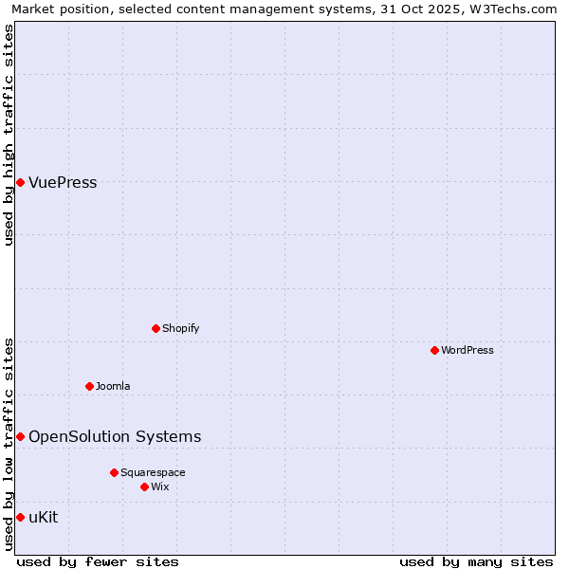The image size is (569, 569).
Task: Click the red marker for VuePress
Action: tap(20, 182)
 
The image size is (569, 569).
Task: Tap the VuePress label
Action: tap(63, 183)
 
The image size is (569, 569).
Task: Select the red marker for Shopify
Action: tap(156, 328)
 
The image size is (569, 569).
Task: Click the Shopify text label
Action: tap(180, 328)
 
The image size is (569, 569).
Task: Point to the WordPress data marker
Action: tap(434, 350)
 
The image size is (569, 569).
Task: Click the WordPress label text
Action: tap(467, 350)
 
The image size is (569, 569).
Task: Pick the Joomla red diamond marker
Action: tap(89, 386)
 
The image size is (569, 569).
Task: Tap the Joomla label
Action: tap(113, 386)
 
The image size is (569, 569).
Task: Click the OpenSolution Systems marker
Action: tap(20, 436)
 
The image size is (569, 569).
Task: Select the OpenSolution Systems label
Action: tap(115, 436)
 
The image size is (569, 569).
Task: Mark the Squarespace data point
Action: tap(114, 472)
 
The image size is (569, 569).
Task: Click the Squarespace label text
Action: tap(153, 472)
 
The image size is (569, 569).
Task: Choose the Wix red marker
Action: tap(144, 486)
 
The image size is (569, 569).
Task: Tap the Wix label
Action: tap(160, 486)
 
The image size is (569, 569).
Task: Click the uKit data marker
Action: tap(20, 517)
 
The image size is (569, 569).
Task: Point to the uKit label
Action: tap(44, 517)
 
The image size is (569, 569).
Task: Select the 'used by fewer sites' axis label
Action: tap(98, 561)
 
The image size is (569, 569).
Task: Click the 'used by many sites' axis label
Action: tap(476, 561)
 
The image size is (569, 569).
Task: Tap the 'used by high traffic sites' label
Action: tap(9, 135)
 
